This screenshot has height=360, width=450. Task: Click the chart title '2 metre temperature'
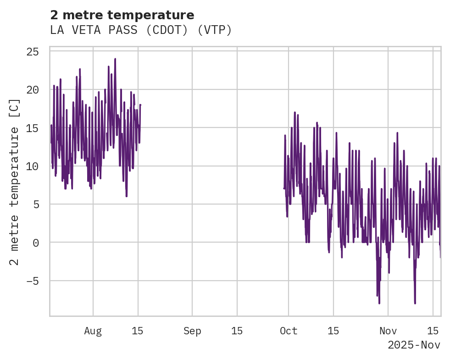pyautogui.click(x=122, y=15)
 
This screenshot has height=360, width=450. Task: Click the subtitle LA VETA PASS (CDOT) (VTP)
pyautogui.click(x=141, y=30)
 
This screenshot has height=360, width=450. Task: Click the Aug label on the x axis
pyautogui.click(x=93, y=331)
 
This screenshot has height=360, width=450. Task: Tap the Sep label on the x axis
pyautogui.click(x=192, y=331)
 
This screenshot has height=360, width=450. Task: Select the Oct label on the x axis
pyautogui.click(x=289, y=331)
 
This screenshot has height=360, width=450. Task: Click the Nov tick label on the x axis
pyautogui.click(x=388, y=331)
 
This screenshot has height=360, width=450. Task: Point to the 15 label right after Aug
pyautogui.click(x=138, y=331)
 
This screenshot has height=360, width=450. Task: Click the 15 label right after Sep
pyautogui.click(x=237, y=331)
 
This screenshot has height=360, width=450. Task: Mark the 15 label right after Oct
pyautogui.click(x=333, y=331)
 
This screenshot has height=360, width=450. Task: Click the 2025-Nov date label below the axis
pyautogui.click(x=414, y=345)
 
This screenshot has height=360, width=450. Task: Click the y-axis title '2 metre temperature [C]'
pyautogui.click(x=15, y=182)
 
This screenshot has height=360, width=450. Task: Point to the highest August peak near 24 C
pyautogui.click(x=115, y=59)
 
